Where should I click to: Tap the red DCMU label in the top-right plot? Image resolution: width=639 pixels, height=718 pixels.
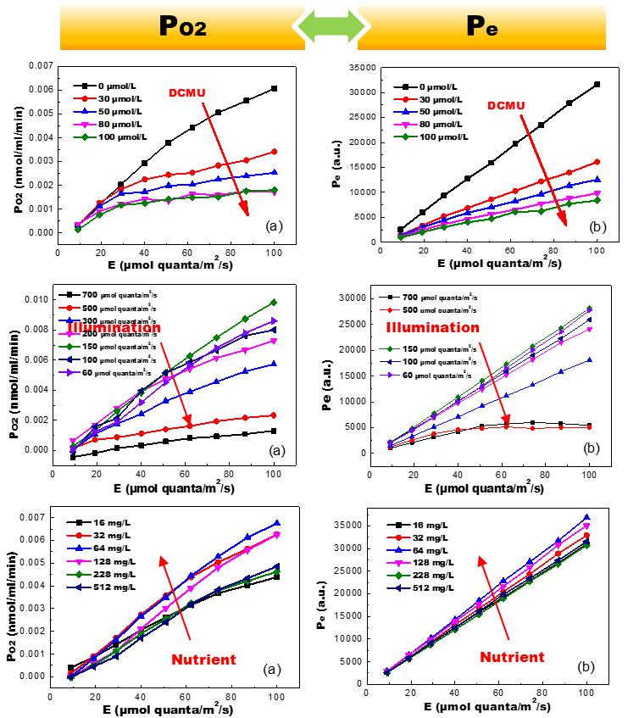[x=507, y=104]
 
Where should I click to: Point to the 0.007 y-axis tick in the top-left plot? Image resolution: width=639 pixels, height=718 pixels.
[x=40, y=65]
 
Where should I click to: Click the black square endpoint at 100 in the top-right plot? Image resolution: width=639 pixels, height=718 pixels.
[x=597, y=84]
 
